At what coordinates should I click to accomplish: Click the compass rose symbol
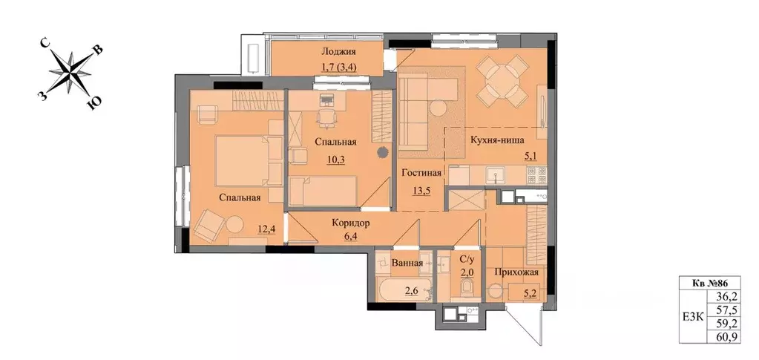click(70, 73)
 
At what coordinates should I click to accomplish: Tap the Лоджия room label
click(339, 52)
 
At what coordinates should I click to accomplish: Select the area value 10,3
click(335, 160)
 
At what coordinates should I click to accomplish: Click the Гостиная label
click(421, 174)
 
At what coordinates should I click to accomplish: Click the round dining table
click(502, 81)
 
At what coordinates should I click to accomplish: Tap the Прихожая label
click(516, 272)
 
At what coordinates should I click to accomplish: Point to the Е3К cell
click(693, 316)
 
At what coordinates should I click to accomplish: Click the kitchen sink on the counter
click(496, 173)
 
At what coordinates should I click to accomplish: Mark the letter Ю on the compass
click(96, 103)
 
